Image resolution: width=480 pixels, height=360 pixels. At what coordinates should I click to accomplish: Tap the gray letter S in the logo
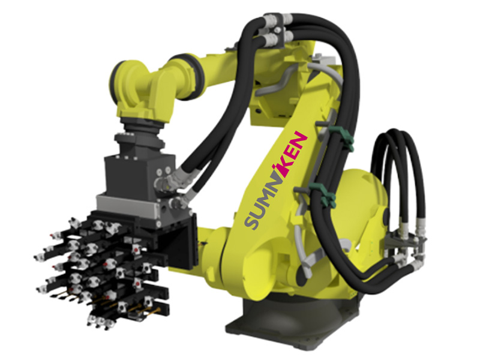[253, 221]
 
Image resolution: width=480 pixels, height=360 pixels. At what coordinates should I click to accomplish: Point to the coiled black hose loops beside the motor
[398, 178]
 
